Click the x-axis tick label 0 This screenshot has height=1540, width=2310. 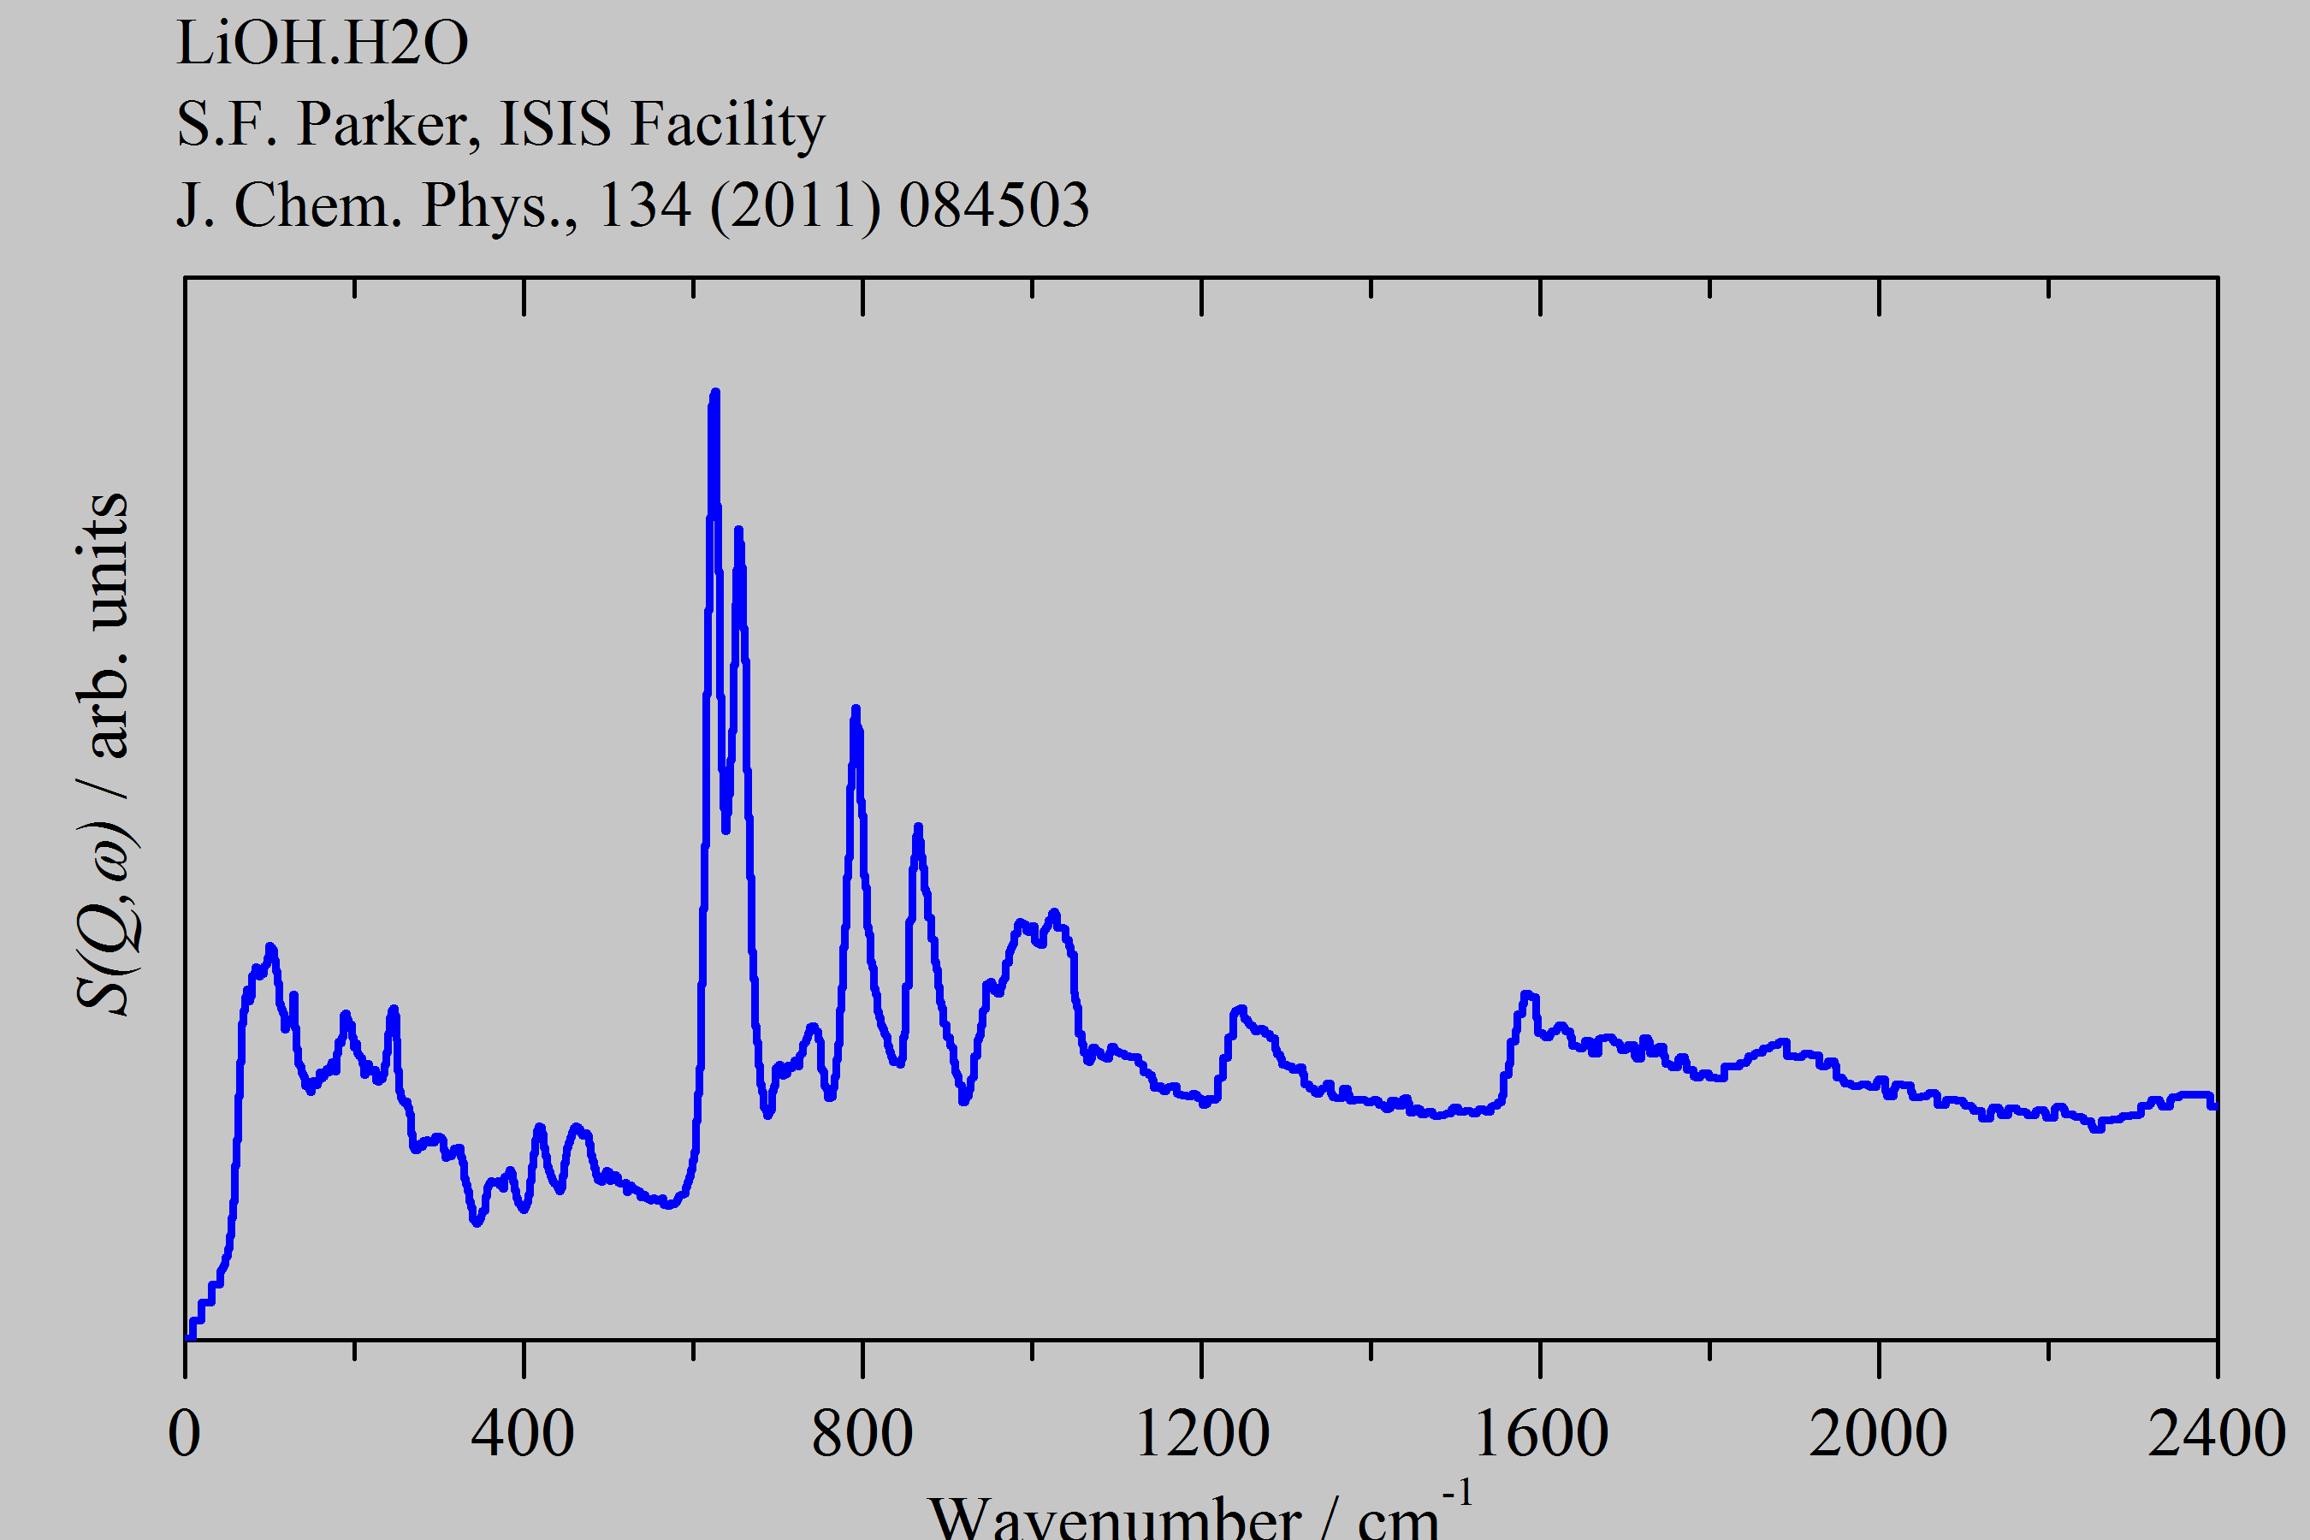pos(185,1434)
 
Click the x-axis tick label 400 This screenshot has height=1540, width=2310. pos(523,1434)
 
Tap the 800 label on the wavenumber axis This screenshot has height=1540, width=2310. pos(862,1434)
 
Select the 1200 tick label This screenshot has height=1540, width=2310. pos(1201,1434)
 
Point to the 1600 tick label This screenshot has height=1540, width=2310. pos(1540,1434)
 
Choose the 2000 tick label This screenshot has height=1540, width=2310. pos(1878,1434)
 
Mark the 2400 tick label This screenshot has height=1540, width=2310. pos(2216,1434)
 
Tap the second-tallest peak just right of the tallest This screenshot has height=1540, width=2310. pos(738,533)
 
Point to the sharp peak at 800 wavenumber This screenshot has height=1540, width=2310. pos(856,710)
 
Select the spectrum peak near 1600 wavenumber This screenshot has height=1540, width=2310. pos(1526,996)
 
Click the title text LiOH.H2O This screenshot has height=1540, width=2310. pos(323,44)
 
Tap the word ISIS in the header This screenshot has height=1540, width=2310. pos(555,125)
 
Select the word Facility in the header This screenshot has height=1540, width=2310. pos(726,125)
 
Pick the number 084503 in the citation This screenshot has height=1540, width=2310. pos(993,205)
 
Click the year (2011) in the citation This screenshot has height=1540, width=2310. pos(795,205)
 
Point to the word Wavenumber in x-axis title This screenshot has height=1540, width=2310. pos(1115,1519)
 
